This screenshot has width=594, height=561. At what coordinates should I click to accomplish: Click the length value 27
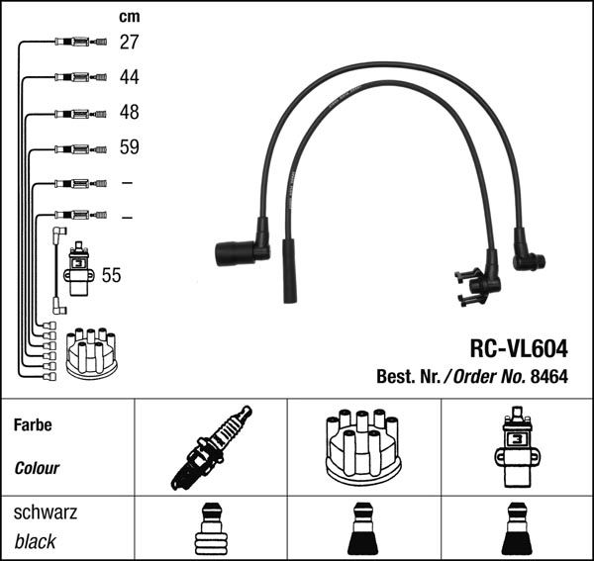pyautogui.click(x=130, y=42)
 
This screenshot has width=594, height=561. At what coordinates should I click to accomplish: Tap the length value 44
pyautogui.click(x=130, y=77)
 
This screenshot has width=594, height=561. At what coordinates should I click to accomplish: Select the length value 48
pyautogui.click(x=130, y=112)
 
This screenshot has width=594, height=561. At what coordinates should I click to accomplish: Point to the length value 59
pyautogui.click(x=130, y=147)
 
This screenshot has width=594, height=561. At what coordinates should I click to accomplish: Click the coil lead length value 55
pyautogui.click(x=112, y=275)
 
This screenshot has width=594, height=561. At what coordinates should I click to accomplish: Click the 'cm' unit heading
pyautogui.click(x=129, y=16)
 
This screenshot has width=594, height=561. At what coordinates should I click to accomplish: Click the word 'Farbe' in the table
pyautogui.click(x=33, y=425)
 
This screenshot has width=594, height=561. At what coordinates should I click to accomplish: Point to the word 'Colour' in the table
pyautogui.click(x=37, y=468)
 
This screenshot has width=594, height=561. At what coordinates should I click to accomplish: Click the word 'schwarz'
pyautogui.click(x=45, y=514)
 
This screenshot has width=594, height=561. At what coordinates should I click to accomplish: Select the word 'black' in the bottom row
pyautogui.click(x=35, y=542)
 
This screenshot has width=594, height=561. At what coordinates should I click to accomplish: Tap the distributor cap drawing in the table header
pyautogui.click(x=362, y=447)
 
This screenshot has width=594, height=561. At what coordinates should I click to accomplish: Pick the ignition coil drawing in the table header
pyautogui.click(x=516, y=447)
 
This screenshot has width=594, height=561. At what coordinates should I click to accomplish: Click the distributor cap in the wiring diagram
pyautogui.click(x=91, y=353)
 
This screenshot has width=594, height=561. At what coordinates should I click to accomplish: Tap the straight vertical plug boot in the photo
pyautogui.click(x=289, y=269)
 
